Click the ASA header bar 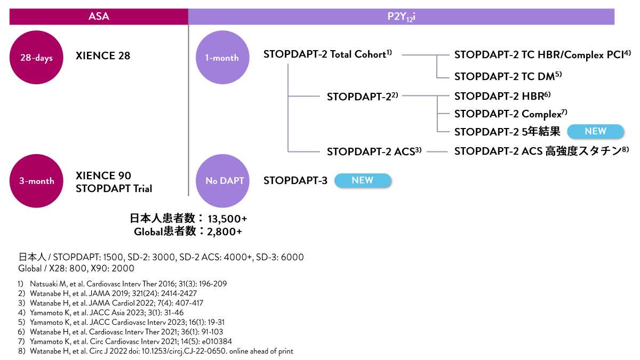coord(99,17)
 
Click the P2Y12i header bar coord(401,17)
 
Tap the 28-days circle coord(36,57)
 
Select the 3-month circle coord(36,180)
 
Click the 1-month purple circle coord(222,57)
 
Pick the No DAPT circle coord(224,180)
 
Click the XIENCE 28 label coord(103,56)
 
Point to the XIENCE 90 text coord(103,175)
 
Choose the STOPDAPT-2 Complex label coord(510,114)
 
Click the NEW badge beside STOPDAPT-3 coord(363,180)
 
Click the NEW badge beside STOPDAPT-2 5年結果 coord(595,131)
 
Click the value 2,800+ coord(225,231)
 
